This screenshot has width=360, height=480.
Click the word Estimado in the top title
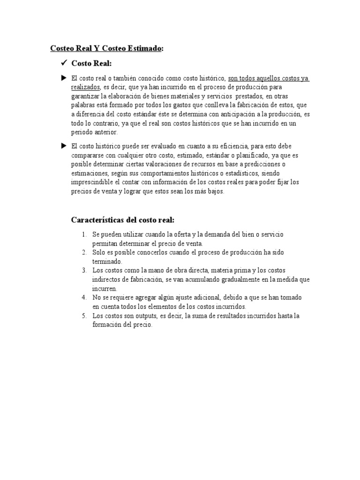pyautogui.click(x=142, y=48)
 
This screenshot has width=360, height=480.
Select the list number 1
pyautogui.click(x=84, y=234)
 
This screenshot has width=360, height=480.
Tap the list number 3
pyautogui.click(x=84, y=271)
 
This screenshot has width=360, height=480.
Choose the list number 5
pyautogui.click(x=84, y=316)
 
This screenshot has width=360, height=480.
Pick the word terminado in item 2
pyautogui.click(x=107, y=262)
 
